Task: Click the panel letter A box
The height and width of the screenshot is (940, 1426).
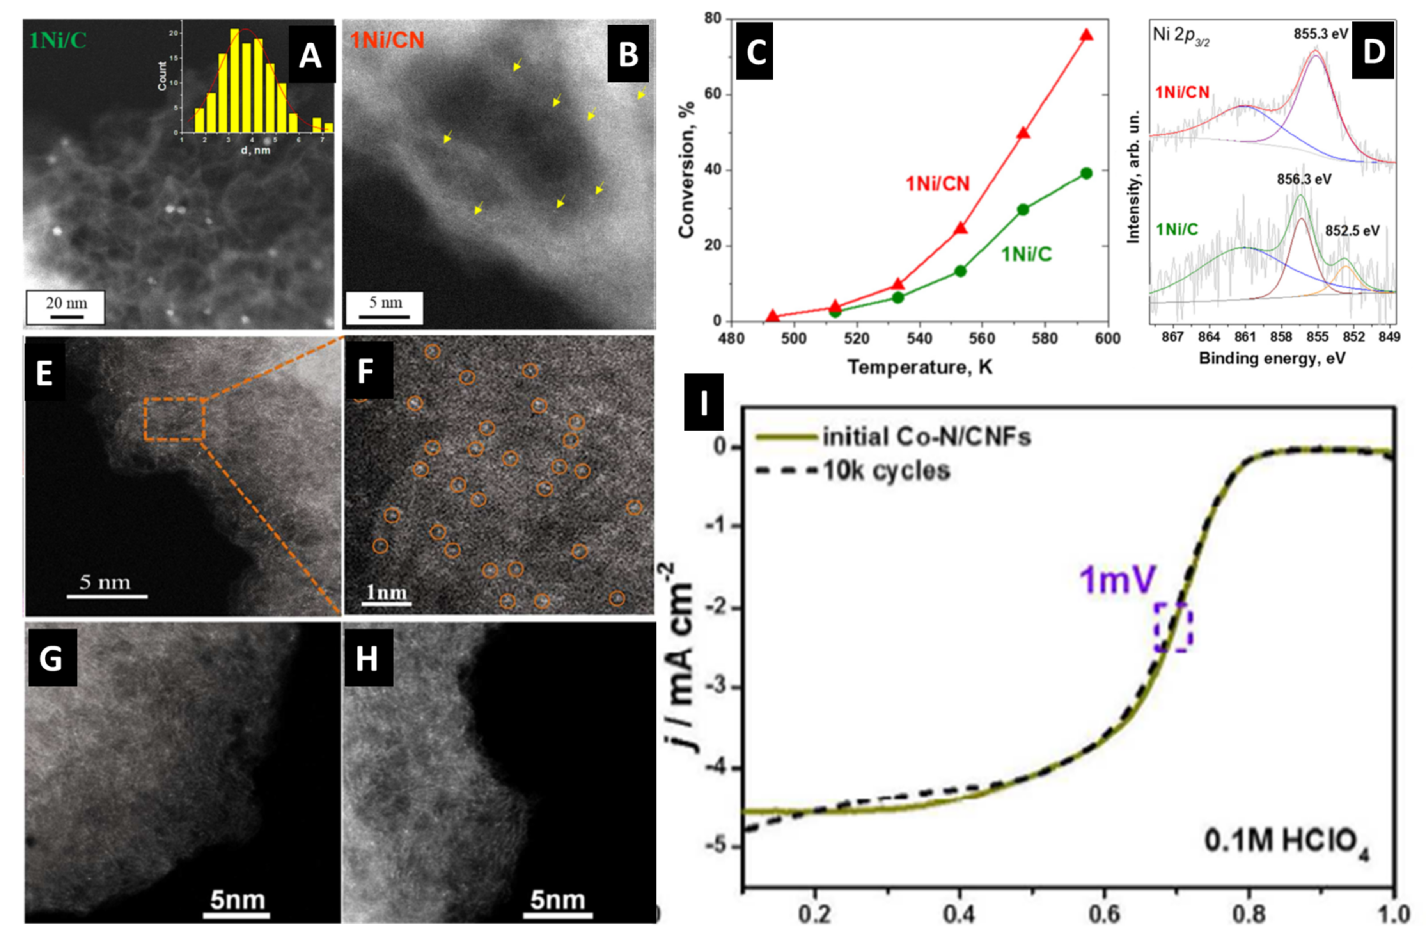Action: tap(311, 55)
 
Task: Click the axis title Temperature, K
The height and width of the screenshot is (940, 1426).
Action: tap(920, 366)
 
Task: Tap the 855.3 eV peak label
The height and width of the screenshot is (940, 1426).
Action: tap(1320, 34)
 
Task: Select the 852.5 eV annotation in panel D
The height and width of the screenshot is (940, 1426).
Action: tap(1352, 231)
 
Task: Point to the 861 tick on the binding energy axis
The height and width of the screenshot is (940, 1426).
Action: tap(1245, 337)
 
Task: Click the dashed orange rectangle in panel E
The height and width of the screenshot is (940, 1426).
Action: tap(174, 419)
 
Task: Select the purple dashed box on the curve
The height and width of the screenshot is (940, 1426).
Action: tap(1173, 627)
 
